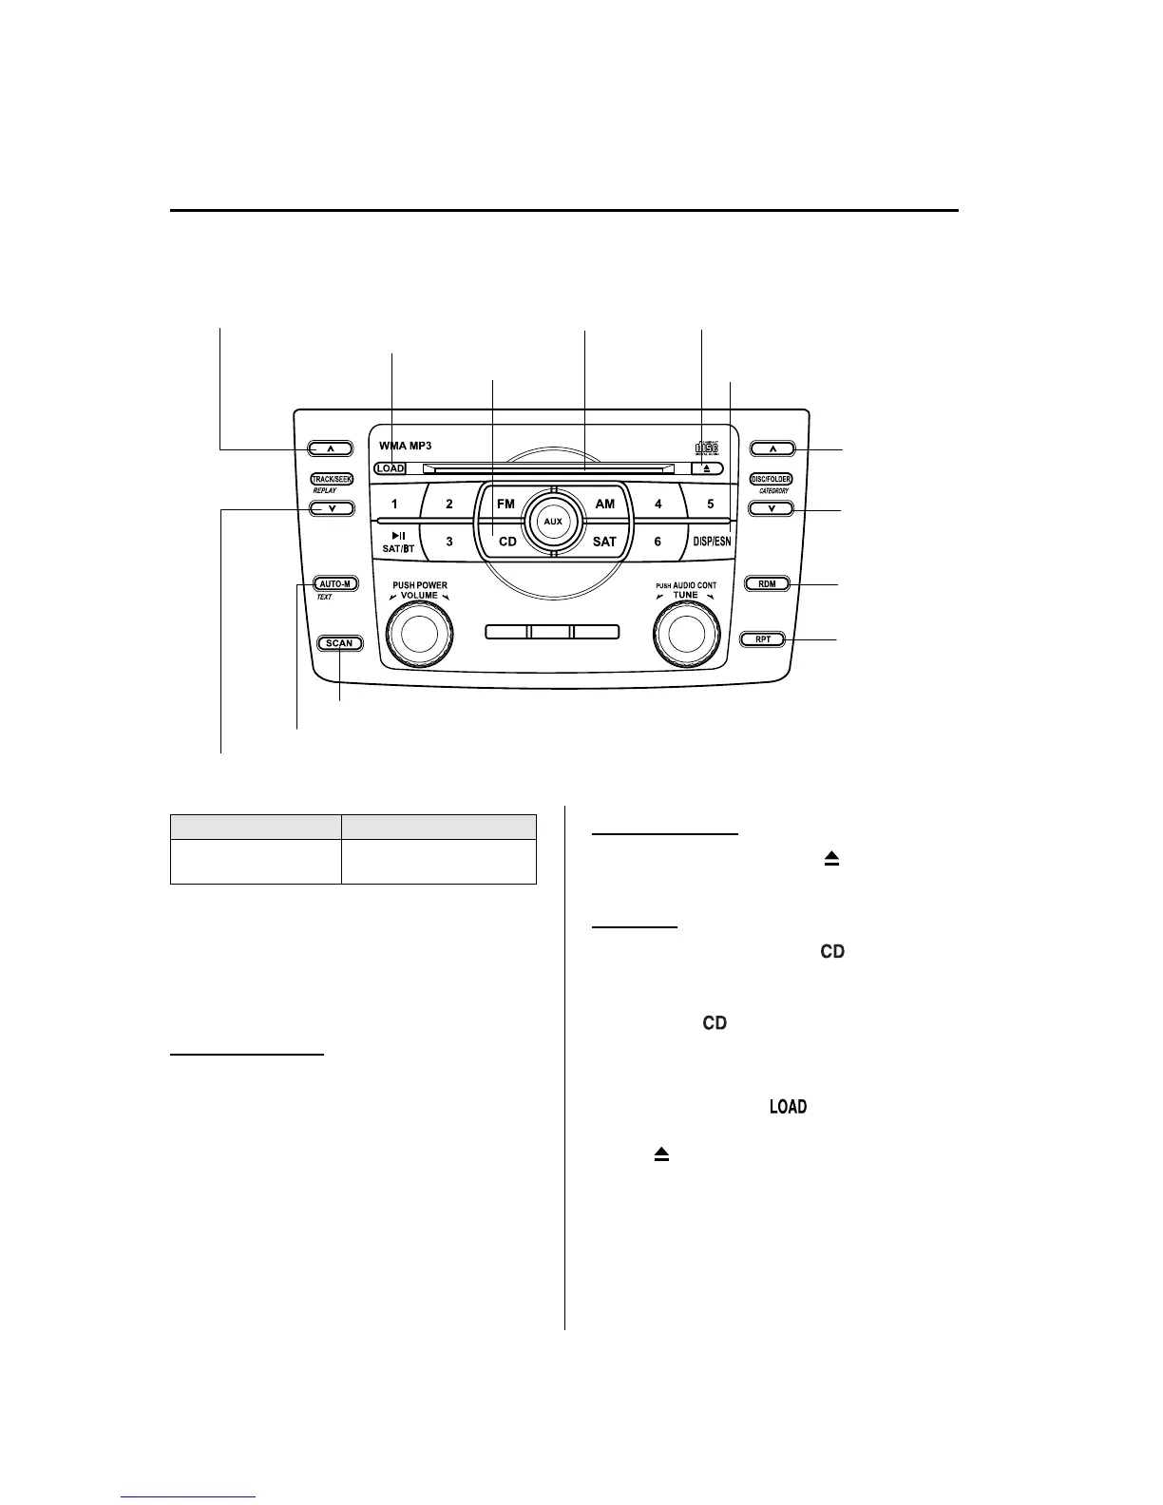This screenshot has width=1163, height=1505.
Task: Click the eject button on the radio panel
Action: pos(707,468)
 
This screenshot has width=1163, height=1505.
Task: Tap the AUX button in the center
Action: pos(552,522)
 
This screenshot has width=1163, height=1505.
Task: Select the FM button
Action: pos(505,504)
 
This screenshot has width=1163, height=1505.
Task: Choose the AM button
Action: pos(604,504)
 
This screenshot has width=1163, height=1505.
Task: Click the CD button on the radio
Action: pos(507,542)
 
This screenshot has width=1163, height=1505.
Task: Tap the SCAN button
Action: pos(339,643)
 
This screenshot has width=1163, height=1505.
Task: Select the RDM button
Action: pos(767,583)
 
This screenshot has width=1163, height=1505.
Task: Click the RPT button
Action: pos(763,639)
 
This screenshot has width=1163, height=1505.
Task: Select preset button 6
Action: pos(658,542)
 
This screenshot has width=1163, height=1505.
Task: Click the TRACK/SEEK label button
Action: pos(332,480)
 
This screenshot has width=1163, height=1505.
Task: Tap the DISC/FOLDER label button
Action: pos(771,480)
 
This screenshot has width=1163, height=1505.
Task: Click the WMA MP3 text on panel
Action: pos(406,446)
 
